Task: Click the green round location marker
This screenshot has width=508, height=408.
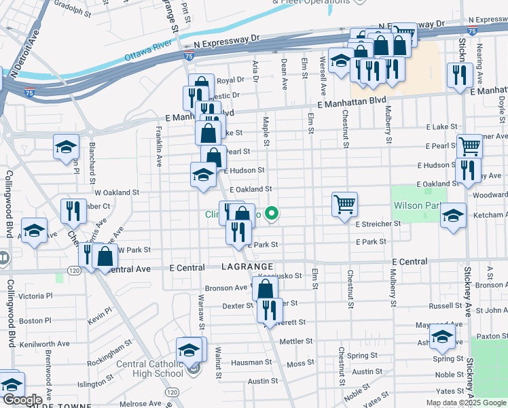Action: [272, 214]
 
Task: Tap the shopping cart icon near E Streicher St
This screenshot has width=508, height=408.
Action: [344, 203]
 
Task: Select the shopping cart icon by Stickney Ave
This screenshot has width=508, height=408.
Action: [469, 145]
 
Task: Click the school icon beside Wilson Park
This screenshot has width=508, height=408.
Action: [453, 216]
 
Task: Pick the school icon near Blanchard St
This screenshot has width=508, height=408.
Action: [67, 147]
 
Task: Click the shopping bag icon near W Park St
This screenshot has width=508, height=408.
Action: [105, 256]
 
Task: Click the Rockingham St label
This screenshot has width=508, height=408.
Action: [110, 354]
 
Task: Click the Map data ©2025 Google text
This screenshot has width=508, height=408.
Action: [466, 403]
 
